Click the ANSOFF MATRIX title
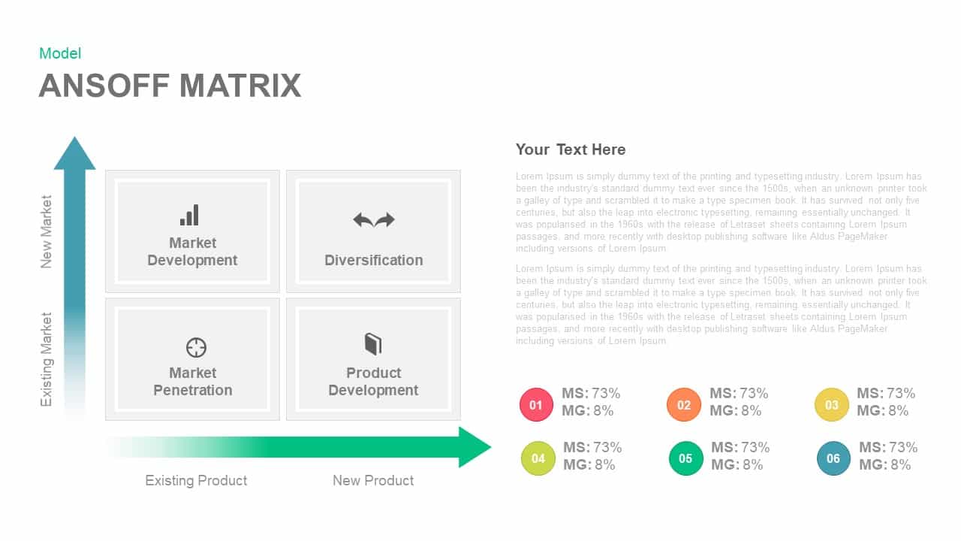(170, 86)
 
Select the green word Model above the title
(60, 53)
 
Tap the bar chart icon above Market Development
(190, 215)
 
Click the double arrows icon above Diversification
(374, 219)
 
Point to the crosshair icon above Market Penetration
(196, 347)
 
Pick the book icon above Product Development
(373, 344)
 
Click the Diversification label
(373, 260)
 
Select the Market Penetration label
(193, 382)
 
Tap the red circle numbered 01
(536, 405)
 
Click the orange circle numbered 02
(683, 405)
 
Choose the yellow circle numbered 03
(831, 405)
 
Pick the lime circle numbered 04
(538, 458)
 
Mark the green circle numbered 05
(685, 458)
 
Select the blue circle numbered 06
(833, 458)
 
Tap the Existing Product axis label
(196, 480)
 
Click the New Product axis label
(373, 480)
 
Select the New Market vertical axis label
(47, 231)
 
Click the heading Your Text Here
(570, 150)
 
